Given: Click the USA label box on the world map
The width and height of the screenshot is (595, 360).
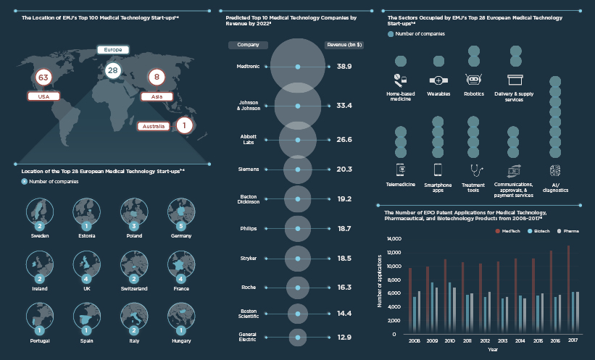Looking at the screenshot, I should (43, 96).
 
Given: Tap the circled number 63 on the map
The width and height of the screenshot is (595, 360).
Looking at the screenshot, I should (43, 77).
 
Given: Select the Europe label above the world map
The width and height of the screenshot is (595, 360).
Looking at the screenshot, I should (112, 50).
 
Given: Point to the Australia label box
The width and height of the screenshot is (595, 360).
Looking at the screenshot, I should (154, 126).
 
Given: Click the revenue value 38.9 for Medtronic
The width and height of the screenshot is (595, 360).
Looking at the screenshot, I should (344, 67).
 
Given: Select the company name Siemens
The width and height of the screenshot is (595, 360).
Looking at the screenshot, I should (249, 169).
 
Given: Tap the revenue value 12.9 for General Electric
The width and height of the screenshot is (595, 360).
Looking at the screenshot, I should (344, 338).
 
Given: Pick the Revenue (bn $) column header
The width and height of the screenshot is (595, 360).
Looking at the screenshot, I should (344, 45).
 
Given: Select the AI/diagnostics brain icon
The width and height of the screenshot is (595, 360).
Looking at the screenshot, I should (555, 169).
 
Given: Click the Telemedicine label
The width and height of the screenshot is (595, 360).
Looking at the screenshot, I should (401, 185).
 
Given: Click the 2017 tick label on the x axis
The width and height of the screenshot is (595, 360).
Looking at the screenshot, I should (573, 340).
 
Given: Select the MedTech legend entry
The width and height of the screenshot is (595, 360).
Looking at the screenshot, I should (508, 231).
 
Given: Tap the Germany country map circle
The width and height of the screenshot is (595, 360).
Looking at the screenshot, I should (181, 212).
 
